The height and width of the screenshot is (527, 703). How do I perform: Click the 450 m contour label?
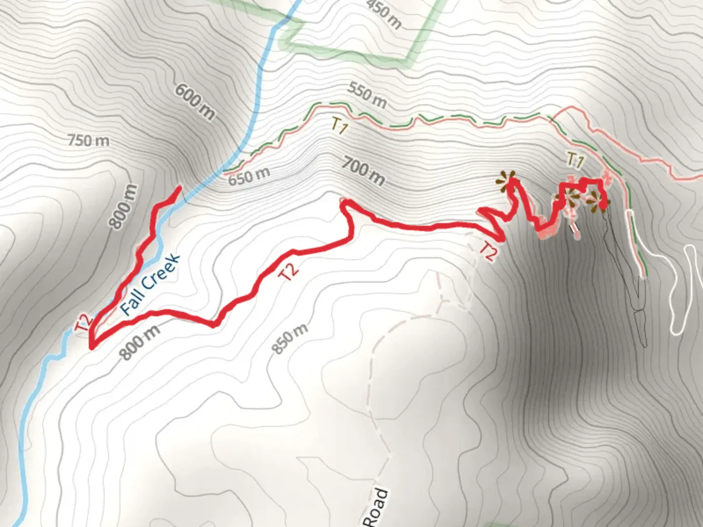click(384, 13)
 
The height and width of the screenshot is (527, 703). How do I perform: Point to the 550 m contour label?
click(367, 95)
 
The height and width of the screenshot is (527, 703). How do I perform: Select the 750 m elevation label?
click(88, 141)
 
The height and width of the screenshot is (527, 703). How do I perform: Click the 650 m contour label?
click(249, 176)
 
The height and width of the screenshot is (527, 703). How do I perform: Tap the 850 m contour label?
click(289, 339)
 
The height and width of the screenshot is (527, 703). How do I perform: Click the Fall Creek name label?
click(150, 284)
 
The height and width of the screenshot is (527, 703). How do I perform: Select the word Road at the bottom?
click(378, 507)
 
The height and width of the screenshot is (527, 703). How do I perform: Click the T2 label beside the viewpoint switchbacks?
click(488, 251)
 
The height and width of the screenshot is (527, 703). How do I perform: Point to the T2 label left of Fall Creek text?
click(84, 323)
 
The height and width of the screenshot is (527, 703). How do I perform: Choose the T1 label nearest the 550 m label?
click(339, 127)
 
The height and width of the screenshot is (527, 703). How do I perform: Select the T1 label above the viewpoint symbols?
click(576, 160)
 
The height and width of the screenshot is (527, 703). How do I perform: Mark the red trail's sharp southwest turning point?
click(92, 347)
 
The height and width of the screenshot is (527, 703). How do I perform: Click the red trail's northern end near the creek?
click(180, 187)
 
